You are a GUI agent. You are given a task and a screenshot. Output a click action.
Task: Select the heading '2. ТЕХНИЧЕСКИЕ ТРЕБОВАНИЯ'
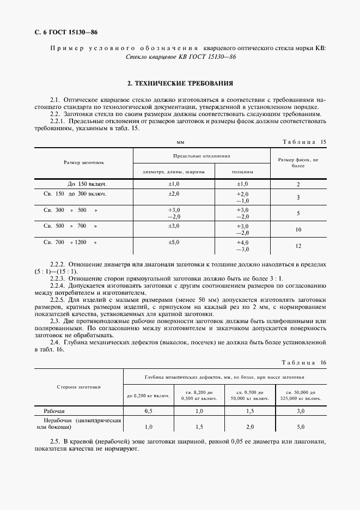coord(180,84)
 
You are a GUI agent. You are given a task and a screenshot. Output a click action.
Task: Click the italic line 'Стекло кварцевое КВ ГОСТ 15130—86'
coord(180,57)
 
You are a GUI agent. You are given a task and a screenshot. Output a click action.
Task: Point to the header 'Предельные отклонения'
coord(202,155)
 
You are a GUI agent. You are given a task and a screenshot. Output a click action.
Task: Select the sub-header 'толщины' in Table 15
coord(242,172)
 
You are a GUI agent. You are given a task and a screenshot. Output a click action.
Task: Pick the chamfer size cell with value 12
coord(298,246)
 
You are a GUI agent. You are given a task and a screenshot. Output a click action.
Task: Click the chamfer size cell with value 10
coord(298,229)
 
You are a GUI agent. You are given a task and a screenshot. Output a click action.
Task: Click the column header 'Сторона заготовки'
coord(79,387)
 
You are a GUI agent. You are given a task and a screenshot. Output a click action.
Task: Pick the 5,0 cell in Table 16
coord(301,427)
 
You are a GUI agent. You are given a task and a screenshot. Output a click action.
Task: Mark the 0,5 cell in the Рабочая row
coord(148,411)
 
